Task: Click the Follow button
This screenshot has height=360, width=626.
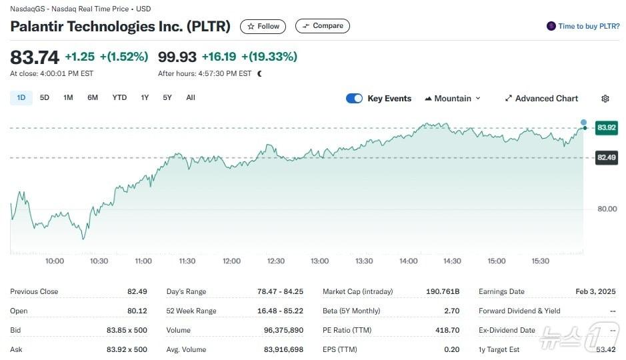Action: [x=263, y=26]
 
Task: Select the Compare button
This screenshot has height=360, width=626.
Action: [x=323, y=26]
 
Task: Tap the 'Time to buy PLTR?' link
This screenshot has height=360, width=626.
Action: [x=583, y=26]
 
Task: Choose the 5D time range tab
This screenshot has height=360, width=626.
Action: [x=45, y=98]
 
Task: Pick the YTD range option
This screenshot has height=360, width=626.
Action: [x=119, y=98]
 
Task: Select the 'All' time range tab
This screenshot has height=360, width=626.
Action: [x=191, y=98]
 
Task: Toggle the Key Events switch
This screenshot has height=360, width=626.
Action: [x=354, y=99]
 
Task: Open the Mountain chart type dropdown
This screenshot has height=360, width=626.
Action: [x=453, y=99]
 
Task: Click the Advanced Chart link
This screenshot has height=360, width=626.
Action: [x=541, y=99]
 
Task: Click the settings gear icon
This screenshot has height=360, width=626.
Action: [x=605, y=99]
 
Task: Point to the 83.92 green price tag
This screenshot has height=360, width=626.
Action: [x=607, y=127]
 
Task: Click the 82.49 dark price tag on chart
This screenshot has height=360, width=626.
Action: [x=607, y=157]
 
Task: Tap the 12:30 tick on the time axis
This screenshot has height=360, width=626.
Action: [x=275, y=261]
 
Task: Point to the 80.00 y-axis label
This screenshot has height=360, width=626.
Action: [x=607, y=209]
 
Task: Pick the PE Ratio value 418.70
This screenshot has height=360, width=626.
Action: [x=446, y=330]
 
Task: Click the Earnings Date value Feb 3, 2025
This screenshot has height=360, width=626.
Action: [x=596, y=291]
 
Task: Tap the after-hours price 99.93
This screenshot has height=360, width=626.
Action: [x=177, y=57]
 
